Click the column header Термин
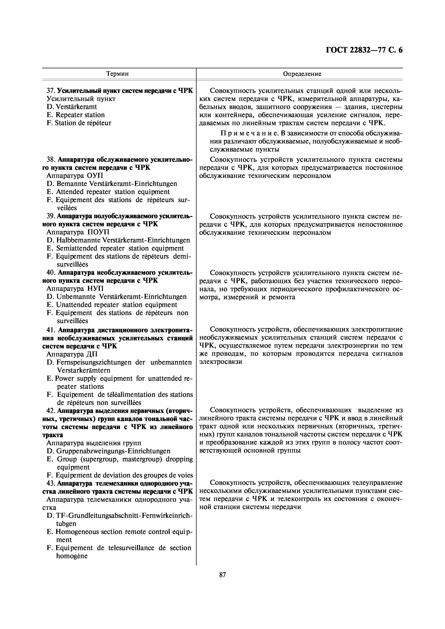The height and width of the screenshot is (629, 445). click(117, 74)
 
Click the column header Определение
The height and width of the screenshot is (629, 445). click(302, 74)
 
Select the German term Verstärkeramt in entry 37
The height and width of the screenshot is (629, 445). click(76, 107)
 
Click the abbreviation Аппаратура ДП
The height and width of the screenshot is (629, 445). click(72, 354)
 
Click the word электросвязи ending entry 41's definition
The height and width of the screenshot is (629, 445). click(221, 362)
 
